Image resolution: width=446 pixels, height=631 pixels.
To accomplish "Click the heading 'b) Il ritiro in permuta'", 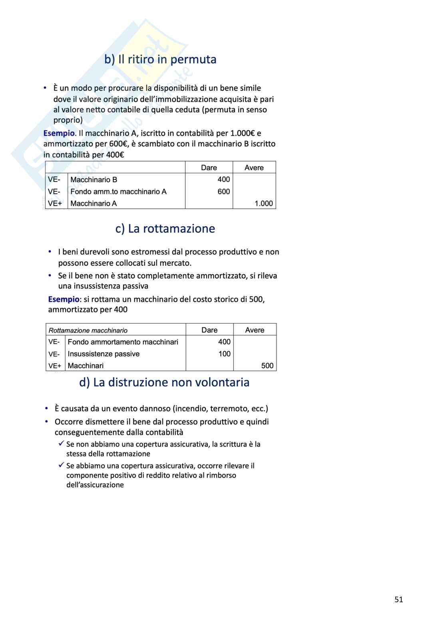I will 160,60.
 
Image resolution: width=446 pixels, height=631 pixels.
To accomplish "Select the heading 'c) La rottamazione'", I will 165,229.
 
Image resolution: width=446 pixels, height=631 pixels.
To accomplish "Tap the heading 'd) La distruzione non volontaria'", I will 164,382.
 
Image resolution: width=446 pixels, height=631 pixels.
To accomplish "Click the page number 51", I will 398,599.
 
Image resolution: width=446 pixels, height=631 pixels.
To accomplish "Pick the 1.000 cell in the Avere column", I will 263,203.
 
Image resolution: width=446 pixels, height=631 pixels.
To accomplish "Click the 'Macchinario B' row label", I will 94,180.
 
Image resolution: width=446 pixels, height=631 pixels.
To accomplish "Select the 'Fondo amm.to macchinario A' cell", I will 118,192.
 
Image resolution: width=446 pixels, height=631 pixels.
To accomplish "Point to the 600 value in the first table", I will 223,192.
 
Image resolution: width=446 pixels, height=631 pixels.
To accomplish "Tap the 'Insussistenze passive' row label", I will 104,354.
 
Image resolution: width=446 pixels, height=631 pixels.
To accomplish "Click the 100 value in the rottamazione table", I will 224,354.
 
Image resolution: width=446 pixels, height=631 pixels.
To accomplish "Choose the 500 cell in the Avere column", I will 267,366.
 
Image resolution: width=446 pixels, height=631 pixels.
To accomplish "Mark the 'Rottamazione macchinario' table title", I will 88,330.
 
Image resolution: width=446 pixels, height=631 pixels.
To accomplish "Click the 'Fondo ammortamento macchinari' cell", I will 123,342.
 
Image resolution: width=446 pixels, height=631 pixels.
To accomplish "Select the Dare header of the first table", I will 209,168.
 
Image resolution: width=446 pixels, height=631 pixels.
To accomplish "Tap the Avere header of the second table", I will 255,330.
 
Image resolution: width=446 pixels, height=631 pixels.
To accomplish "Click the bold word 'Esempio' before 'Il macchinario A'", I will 59,133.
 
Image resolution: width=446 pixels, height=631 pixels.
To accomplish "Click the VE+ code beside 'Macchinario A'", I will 54,203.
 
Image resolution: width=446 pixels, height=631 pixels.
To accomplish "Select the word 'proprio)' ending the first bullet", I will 68,120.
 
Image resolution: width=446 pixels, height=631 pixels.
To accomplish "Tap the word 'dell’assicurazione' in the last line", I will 95,485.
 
